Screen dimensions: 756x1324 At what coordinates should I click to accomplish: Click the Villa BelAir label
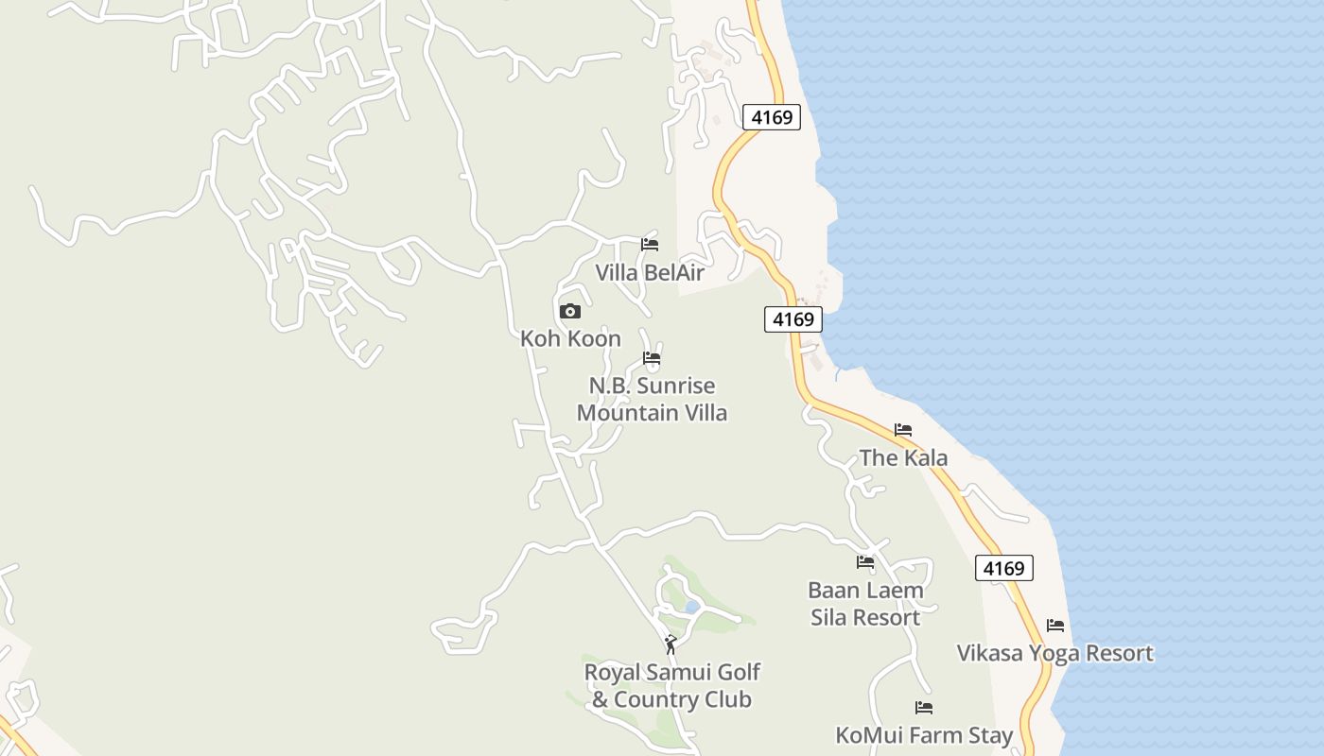coord(650,272)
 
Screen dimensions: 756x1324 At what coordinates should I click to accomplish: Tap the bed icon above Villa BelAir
coord(650,244)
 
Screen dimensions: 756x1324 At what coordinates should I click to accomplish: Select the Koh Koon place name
coord(570,338)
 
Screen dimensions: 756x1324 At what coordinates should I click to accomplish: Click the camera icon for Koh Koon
coord(570,311)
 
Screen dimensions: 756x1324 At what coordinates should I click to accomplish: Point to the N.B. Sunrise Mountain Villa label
coord(652,399)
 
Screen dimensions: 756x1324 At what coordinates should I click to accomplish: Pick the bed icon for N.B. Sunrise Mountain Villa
coord(652,358)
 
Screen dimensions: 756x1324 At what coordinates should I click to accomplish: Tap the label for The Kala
coord(903,458)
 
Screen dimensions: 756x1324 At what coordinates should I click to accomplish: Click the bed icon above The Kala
coord(903,430)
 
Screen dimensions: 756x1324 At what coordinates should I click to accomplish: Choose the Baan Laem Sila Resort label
coord(865,604)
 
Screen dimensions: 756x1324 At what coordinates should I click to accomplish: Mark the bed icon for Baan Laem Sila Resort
coord(865,562)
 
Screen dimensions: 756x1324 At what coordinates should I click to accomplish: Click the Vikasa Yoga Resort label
coord(1054,653)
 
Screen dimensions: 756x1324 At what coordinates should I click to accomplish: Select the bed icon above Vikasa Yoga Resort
coord(1055,626)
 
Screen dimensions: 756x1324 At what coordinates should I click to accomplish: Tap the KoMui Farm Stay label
coord(924,735)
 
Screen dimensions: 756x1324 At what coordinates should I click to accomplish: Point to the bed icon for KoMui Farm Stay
coord(924,708)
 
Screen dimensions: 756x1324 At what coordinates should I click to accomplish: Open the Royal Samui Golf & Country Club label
coord(671,686)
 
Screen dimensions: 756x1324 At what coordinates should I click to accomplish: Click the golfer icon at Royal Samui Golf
coord(671,644)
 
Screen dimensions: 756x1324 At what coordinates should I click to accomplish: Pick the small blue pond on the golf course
coord(691,607)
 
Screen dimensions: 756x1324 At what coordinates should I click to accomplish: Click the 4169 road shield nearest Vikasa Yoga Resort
coord(1003,568)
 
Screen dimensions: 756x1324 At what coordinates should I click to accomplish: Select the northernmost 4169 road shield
coord(772,117)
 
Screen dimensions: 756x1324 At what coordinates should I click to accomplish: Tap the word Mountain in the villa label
coord(618,413)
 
